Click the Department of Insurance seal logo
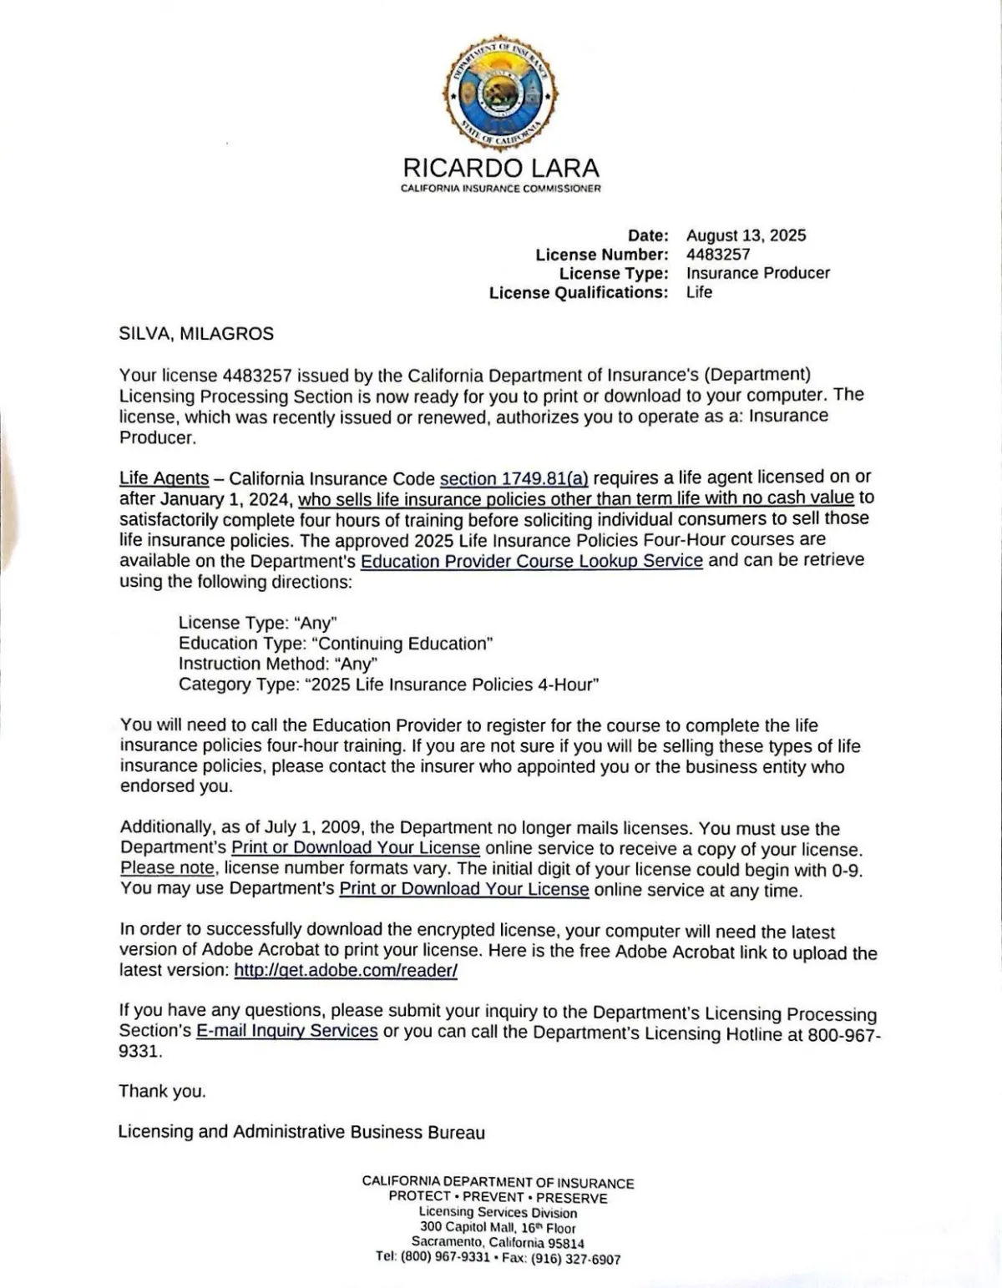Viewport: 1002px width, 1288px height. pos(500,93)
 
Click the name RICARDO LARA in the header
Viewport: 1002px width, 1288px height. pos(500,168)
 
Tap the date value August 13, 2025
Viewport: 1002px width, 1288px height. pos(746,235)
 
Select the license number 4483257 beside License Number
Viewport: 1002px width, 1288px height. pos(718,255)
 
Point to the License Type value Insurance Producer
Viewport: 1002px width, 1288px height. pos(757,273)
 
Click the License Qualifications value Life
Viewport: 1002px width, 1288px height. pos(699,292)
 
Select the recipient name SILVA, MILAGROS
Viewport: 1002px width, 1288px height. pos(196,334)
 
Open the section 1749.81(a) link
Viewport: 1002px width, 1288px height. pos(514,478)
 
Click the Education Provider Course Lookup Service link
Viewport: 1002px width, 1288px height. pos(531,560)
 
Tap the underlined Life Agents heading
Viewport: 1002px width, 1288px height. pos(164,478)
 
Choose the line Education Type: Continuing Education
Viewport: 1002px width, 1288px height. pos(336,644)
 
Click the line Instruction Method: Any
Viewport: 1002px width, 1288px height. pos(278,664)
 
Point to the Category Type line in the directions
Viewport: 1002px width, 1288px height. pos(388,685)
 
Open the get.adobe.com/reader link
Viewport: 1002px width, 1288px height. pos(346,970)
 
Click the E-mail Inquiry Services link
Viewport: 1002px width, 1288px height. pos(286,1031)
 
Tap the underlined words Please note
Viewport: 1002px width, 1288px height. pos(168,868)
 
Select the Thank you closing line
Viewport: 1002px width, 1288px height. pos(162,1091)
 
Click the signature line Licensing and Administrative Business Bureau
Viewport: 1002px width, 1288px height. pos(301,1132)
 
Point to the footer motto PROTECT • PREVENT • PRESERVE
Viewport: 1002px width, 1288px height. pos(498,1198)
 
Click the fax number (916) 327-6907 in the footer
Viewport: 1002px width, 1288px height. pos(575,1259)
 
